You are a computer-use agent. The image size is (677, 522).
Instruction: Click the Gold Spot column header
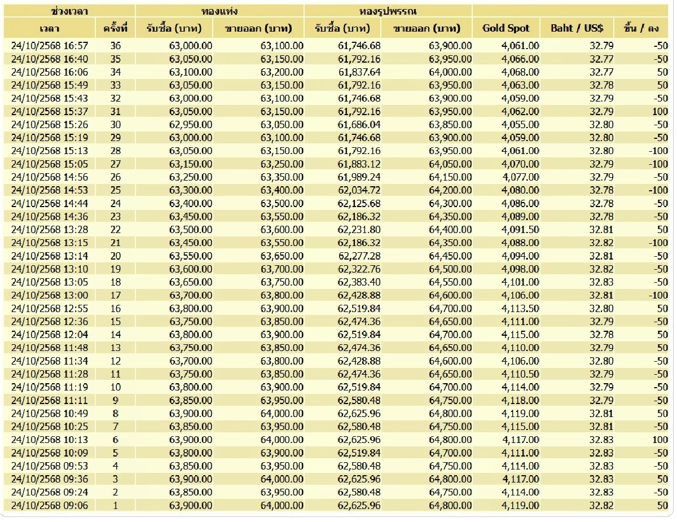coord(506,28)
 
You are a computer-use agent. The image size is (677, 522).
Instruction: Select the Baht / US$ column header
coord(577,28)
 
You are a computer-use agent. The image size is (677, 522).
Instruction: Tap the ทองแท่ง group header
coord(219,11)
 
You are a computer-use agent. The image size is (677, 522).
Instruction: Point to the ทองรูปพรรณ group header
coord(388,11)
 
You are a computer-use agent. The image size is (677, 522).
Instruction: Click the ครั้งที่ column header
coord(115,28)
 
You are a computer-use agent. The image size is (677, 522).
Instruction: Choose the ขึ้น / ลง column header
coord(641,28)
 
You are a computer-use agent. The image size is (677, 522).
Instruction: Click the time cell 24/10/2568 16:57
coord(50,46)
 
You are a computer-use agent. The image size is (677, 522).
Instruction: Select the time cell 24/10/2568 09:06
coord(50,506)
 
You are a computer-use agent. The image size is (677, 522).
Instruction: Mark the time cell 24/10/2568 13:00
coord(50,295)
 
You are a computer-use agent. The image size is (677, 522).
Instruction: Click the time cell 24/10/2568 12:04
coord(50,335)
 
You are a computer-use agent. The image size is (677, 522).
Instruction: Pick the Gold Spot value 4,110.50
coord(520,374)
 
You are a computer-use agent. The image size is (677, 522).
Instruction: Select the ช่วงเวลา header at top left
coord(69,11)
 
